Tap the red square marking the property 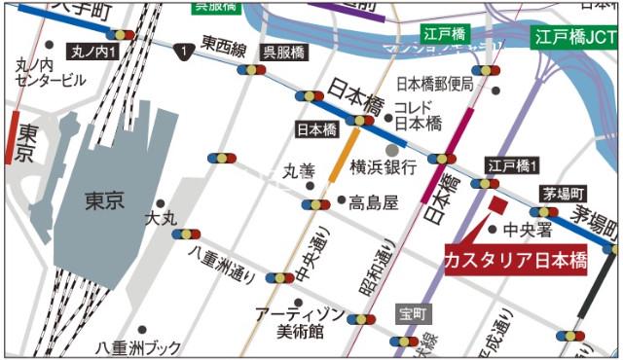[497, 204]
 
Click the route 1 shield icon [181, 49]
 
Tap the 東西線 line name [223, 45]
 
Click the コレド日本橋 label [420, 115]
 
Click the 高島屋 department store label [375, 202]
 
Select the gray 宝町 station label [413, 314]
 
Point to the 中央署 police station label [528, 231]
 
